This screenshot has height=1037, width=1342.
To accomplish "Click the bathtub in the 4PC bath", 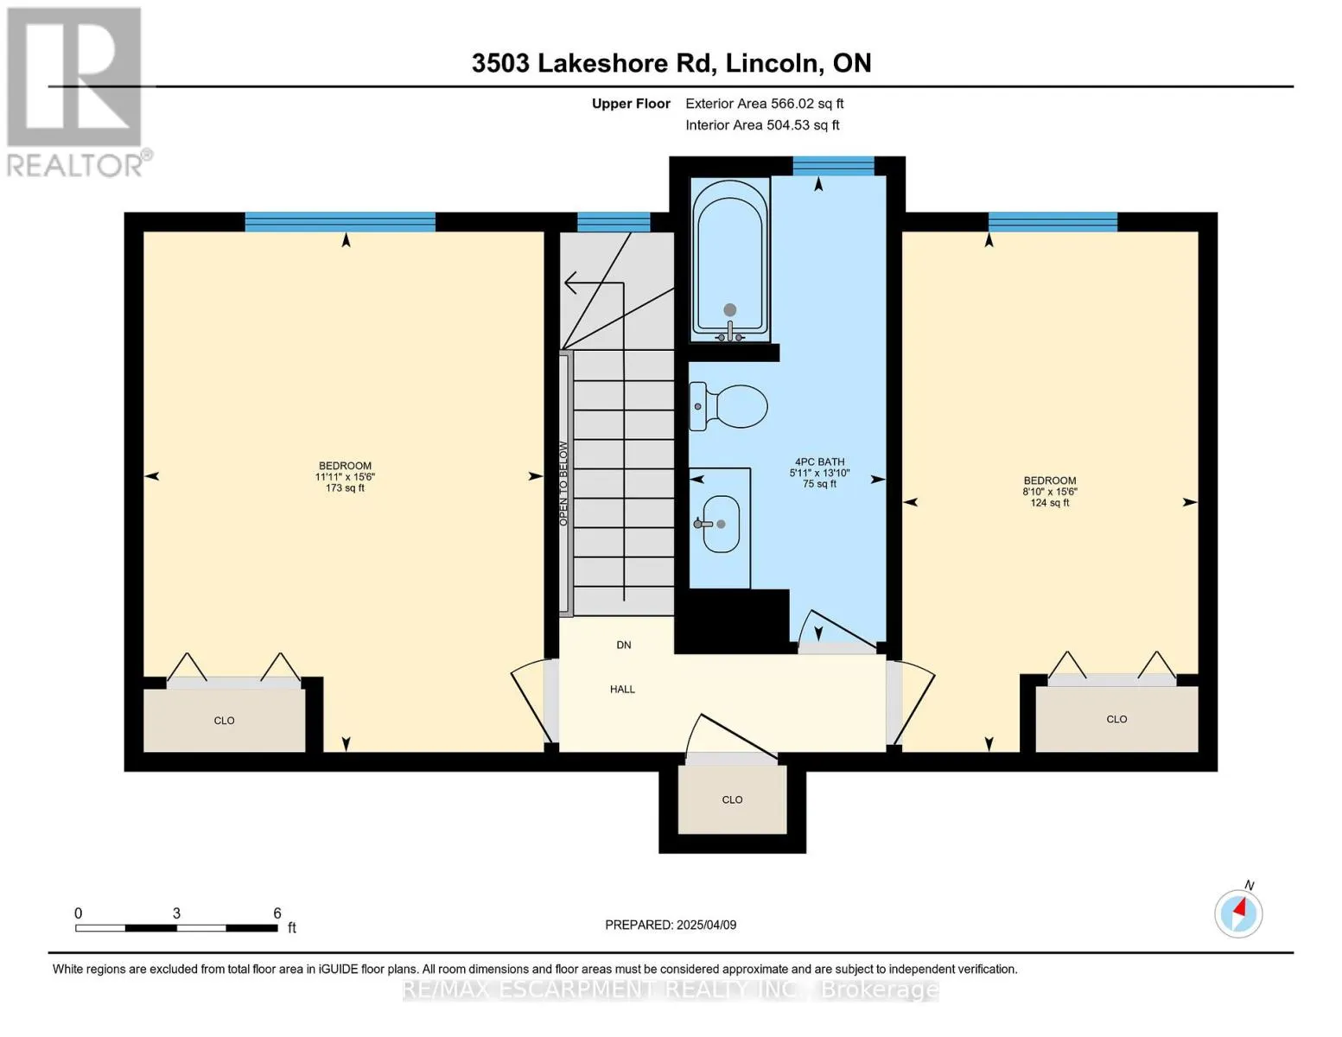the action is pyautogui.click(x=730, y=259).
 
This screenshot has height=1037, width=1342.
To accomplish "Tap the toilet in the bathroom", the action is pyautogui.click(x=728, y=406).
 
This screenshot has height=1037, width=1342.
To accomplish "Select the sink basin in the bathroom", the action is pyautogui.click(x=721, y=524).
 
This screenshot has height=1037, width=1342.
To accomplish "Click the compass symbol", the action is pyautogui.click(x=1238, y=913).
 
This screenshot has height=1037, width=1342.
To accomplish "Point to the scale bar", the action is pyautogui.click(x=176, y=927).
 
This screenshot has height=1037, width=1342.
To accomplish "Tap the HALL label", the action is pyautogui.click(x=622, y=690).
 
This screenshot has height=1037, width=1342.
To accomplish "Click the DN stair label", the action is pyautogui.click(x=624, y=645).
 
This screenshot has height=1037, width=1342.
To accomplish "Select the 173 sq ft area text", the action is pyautogui.click(x=346, y=488).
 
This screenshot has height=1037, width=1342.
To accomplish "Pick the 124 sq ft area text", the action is pyautogui.click(x=1050, y=503).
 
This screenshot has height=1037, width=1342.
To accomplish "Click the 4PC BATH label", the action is pyautogui.click(x=819, y=462).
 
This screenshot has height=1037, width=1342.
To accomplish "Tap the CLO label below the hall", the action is pyautogui.click(x=733, y=800).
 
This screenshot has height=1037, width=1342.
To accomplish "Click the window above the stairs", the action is pyautogui.click(x=614, y=222).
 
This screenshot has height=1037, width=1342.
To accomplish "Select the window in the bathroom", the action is pyautogui.click(x=834, y=166).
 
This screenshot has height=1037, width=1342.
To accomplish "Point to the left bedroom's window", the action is pyautogui.click(x=340, y=222).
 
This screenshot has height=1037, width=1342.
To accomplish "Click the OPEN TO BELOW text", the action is pyautogui.click(x=563, y=484).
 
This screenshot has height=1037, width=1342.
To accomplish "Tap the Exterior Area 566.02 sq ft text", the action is pyautogui.click(x=765, y=104).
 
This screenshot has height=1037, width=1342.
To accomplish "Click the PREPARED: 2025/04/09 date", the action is pyautogui.click(x=671, y=925).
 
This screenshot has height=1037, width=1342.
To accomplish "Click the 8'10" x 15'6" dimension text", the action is pyautogui.click(x=1050, y=492).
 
